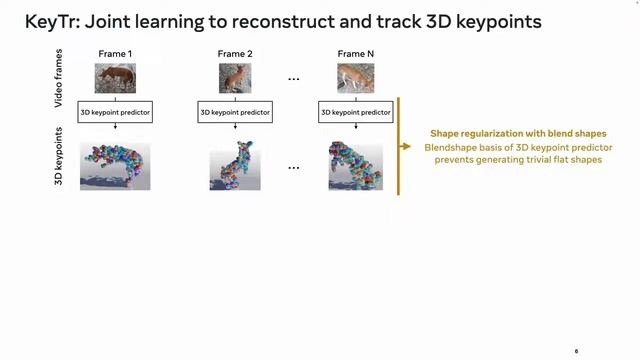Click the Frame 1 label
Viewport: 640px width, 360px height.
[115, 52]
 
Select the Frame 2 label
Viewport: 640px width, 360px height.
[235, 52]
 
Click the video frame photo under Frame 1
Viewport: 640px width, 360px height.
[115, 79]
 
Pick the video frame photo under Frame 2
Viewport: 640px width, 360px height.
[235, 79]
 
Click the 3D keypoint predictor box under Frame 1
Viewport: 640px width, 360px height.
[115, 113]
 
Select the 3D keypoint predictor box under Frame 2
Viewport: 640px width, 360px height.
[235, 113]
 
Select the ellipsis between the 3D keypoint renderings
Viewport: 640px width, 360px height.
[294, 168]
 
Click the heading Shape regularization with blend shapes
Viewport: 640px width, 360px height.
[518, 134]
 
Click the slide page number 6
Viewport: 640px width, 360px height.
[576, 352]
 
